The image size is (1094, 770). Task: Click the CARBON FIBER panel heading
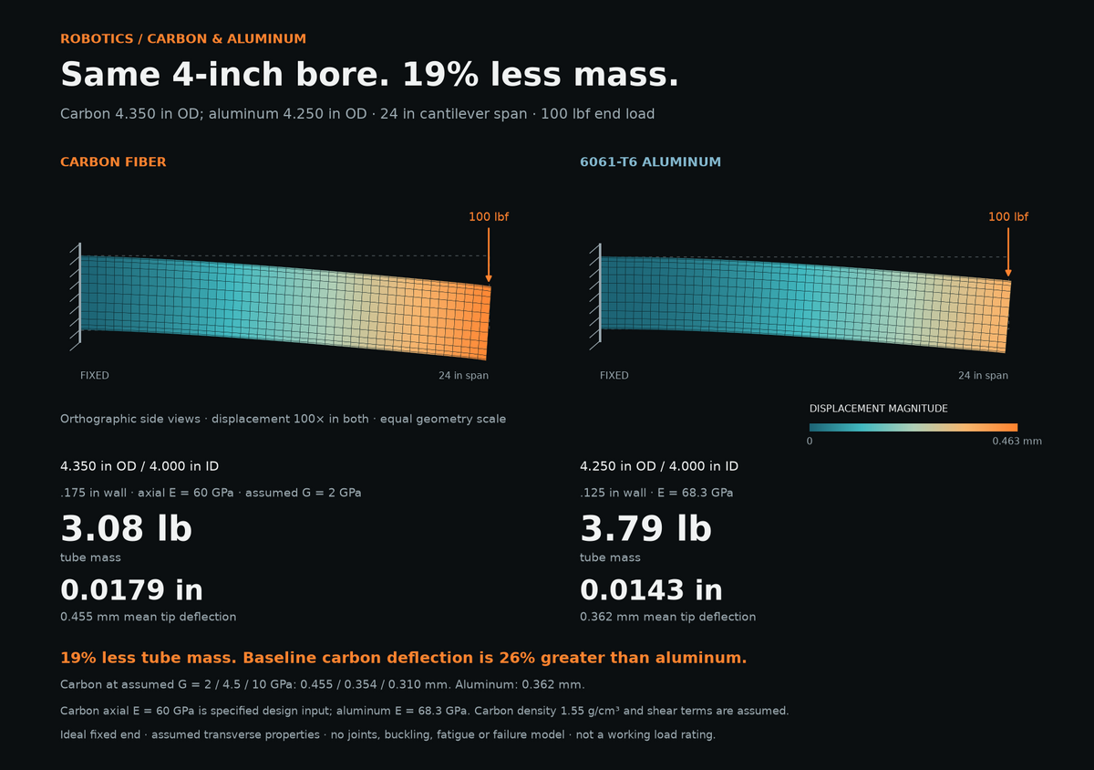(x=113, y=161)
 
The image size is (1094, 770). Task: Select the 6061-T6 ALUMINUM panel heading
(x=650, y=161)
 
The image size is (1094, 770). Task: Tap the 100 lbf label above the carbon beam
(x=489, y=216)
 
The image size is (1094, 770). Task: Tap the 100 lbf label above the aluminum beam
(x=1008, y=216)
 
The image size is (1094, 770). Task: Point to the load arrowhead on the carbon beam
(x=489, y=278)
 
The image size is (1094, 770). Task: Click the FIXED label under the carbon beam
(x=94, y=376)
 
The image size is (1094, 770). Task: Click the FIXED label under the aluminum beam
(x=614, y=376)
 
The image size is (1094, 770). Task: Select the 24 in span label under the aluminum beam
(x=983, y=376)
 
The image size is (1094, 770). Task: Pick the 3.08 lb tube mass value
(x=126, y=529)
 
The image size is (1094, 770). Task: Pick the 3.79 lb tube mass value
(x=645, y=529)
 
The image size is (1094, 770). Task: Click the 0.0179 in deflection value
(x=131, y=589)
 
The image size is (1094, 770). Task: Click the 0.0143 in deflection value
(x=651, y=589)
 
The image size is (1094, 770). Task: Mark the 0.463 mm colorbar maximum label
(x=1017, y=441)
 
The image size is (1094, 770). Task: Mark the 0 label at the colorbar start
(x=810, y=441)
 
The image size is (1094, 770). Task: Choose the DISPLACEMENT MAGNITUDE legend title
(x=878, y=409)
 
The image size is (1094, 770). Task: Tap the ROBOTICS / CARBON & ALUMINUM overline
(x=183, y=38)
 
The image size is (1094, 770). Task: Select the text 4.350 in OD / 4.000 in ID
(x=139, y=466)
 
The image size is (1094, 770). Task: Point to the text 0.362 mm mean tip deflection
(x=667, y=617)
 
